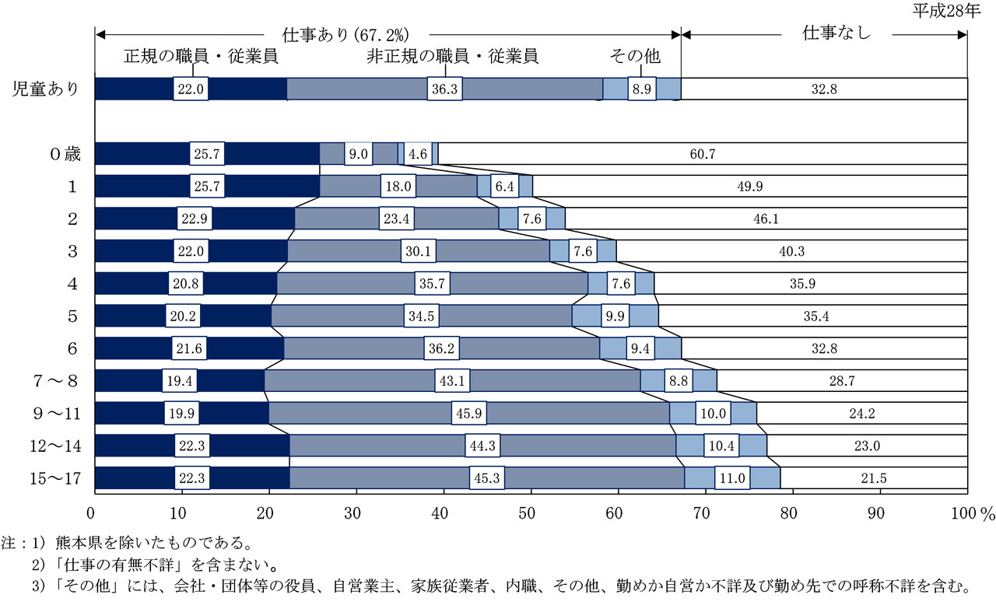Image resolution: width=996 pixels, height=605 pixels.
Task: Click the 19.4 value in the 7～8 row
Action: (179, 381)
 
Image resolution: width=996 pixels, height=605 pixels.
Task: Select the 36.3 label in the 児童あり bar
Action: (445, 89)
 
